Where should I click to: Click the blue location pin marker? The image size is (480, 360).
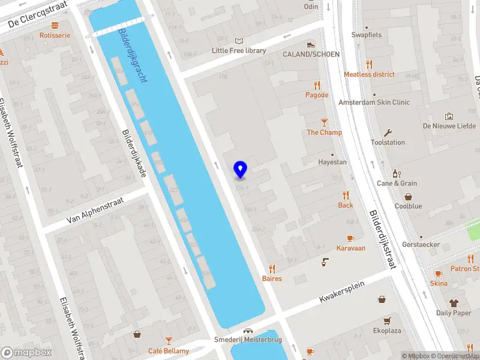240,169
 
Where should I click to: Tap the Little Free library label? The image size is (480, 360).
239,51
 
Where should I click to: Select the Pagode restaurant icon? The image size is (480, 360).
317,85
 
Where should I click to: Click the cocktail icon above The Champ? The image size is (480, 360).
325,122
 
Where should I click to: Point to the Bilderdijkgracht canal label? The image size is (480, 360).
134,56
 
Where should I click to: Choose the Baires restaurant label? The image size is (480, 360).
272,278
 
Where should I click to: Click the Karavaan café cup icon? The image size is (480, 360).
350,238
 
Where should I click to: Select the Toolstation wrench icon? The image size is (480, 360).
388,133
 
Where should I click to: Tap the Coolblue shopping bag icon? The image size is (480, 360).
409,196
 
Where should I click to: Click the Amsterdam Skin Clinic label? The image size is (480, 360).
374,103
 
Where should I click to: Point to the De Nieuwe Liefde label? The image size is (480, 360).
449,126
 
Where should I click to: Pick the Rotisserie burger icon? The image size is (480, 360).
55,25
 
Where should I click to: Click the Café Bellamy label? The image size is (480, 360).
169,351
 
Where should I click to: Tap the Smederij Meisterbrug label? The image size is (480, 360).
248,340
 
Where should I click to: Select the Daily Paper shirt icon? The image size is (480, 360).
454,303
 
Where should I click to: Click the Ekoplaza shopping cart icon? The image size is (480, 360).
387,321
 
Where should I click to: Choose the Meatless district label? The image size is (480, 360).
369,74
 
